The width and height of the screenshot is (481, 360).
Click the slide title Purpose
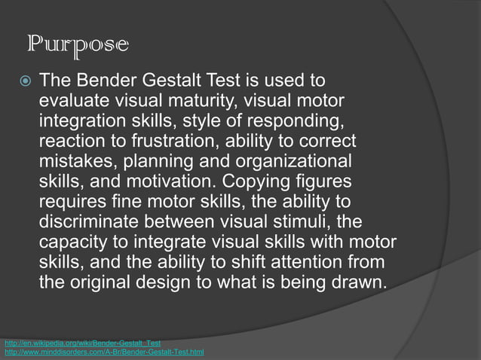(x=78, y=46)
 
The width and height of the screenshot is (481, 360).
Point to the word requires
(x=70, y=203)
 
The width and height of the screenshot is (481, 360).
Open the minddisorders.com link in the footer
(x=103, y=352)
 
